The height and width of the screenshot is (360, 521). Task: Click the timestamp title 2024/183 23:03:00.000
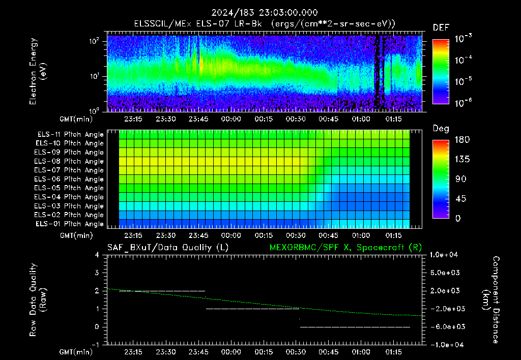265,13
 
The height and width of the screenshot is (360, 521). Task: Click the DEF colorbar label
441,27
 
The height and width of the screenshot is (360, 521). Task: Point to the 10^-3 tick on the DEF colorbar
463,38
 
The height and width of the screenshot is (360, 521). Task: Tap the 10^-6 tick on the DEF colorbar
463,103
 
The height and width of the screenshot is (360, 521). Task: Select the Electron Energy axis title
37,71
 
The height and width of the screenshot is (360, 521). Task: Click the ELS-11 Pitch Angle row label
70,135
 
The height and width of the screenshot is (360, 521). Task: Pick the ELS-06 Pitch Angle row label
69,179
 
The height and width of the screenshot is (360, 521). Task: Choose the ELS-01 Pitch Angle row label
70,224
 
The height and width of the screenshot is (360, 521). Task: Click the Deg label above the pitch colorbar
441,129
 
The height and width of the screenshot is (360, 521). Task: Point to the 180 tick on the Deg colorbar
462,139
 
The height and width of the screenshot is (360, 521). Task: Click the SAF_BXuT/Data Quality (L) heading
168,248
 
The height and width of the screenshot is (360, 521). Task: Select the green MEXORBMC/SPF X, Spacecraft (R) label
345,248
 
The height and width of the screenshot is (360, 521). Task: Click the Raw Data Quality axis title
37,300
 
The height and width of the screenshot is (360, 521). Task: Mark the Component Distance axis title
491,300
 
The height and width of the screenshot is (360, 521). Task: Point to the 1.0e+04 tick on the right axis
444,255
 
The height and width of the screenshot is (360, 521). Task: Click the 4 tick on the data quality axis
97,255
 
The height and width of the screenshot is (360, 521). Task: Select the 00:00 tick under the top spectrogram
231,119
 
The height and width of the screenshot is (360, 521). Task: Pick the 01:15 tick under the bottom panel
393,352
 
